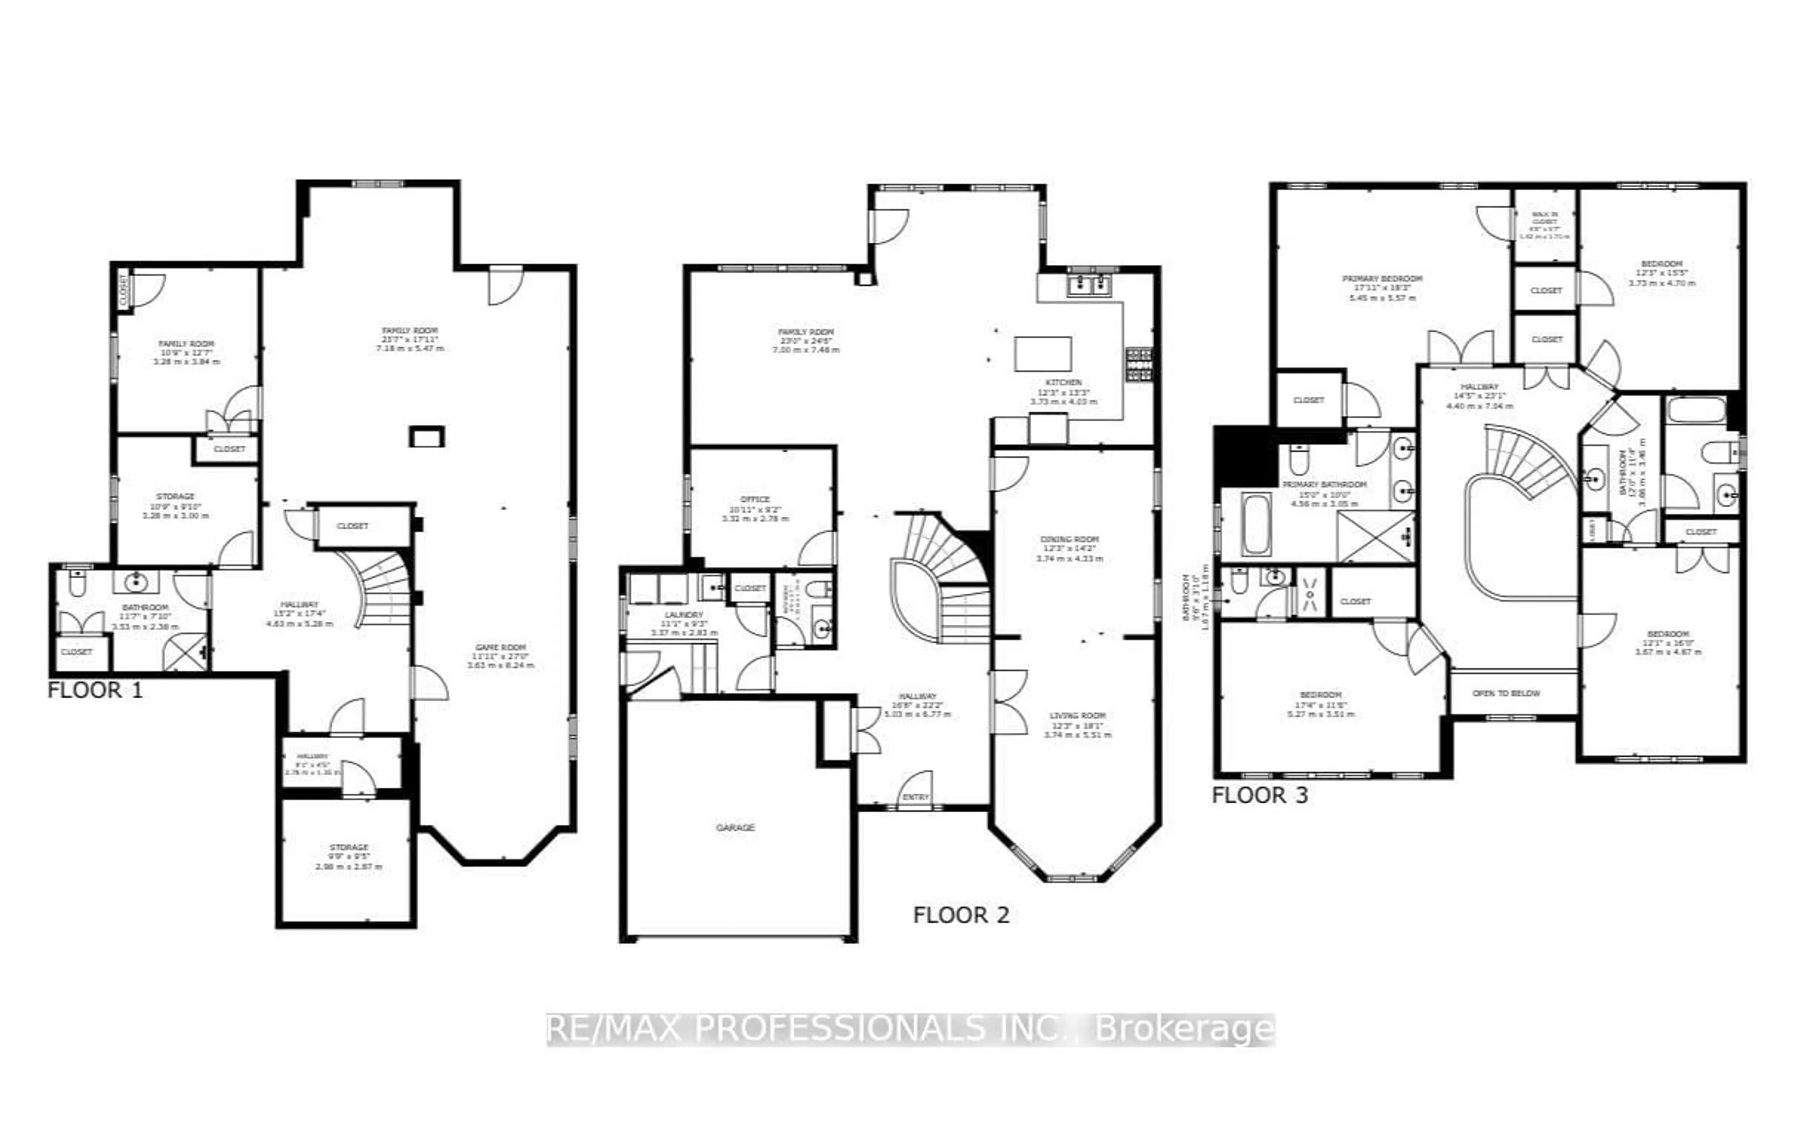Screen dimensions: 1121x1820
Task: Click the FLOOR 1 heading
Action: [x=95, y=690]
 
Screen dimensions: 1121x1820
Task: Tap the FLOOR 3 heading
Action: [x=1259, y=795]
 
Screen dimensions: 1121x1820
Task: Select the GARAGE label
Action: [x=735, y=828]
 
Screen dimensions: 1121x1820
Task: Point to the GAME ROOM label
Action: [x=500, y=648]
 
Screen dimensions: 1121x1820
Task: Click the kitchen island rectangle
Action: [x=1042, y=354]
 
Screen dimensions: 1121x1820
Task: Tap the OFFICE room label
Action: [x=755, y=500]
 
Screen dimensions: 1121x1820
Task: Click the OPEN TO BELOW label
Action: [x=1506, y=693]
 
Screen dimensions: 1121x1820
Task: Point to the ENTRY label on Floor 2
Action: [x=916, y=797]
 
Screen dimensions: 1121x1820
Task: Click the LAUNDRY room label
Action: [x=683, y=615]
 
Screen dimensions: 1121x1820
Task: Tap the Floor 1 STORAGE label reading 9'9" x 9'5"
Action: [x=348, y=848]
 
